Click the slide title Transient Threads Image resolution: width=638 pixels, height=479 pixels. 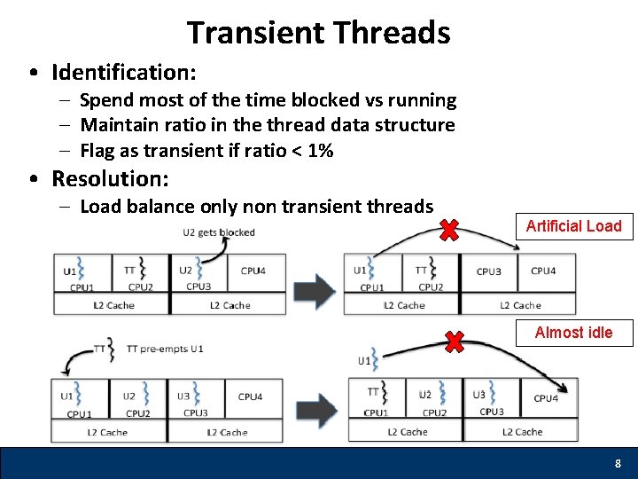click(318, 33)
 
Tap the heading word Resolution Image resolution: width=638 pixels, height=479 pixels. click(109, 178)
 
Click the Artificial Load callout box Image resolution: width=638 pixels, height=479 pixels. click(573, 226)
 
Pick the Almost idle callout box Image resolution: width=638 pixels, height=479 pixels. click(573, 333)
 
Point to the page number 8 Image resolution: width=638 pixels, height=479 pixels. click(618, 464)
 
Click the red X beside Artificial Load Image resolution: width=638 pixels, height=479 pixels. click(449, 232)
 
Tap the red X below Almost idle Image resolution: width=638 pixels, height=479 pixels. click(454, 342)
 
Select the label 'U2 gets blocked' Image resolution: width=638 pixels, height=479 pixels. click(218, 232)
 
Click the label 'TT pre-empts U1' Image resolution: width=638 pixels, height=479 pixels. click(165, 349)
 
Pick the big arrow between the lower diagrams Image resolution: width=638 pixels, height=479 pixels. click(315, 411)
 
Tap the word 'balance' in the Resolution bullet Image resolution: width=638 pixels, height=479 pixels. click(158, 207)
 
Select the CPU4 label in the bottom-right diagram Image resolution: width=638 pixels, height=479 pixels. click(546, 398)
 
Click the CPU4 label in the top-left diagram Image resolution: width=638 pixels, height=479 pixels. click(253, 271)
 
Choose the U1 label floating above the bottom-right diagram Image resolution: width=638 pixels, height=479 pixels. click(365, 361)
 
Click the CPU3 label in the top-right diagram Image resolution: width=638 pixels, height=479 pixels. click(488, 271)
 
